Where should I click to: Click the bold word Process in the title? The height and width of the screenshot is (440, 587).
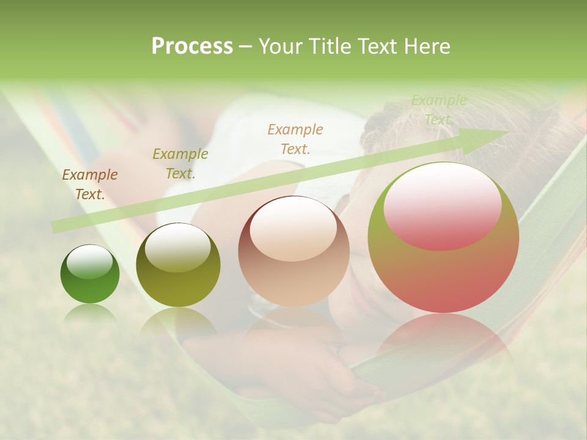[192, 46]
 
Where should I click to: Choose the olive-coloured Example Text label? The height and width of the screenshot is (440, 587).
[180, 164]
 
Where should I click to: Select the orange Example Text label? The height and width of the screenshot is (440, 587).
[295, 139]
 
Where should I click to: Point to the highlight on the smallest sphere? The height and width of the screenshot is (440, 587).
[90, 262]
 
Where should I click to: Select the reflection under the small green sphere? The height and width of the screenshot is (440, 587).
[90, 313]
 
